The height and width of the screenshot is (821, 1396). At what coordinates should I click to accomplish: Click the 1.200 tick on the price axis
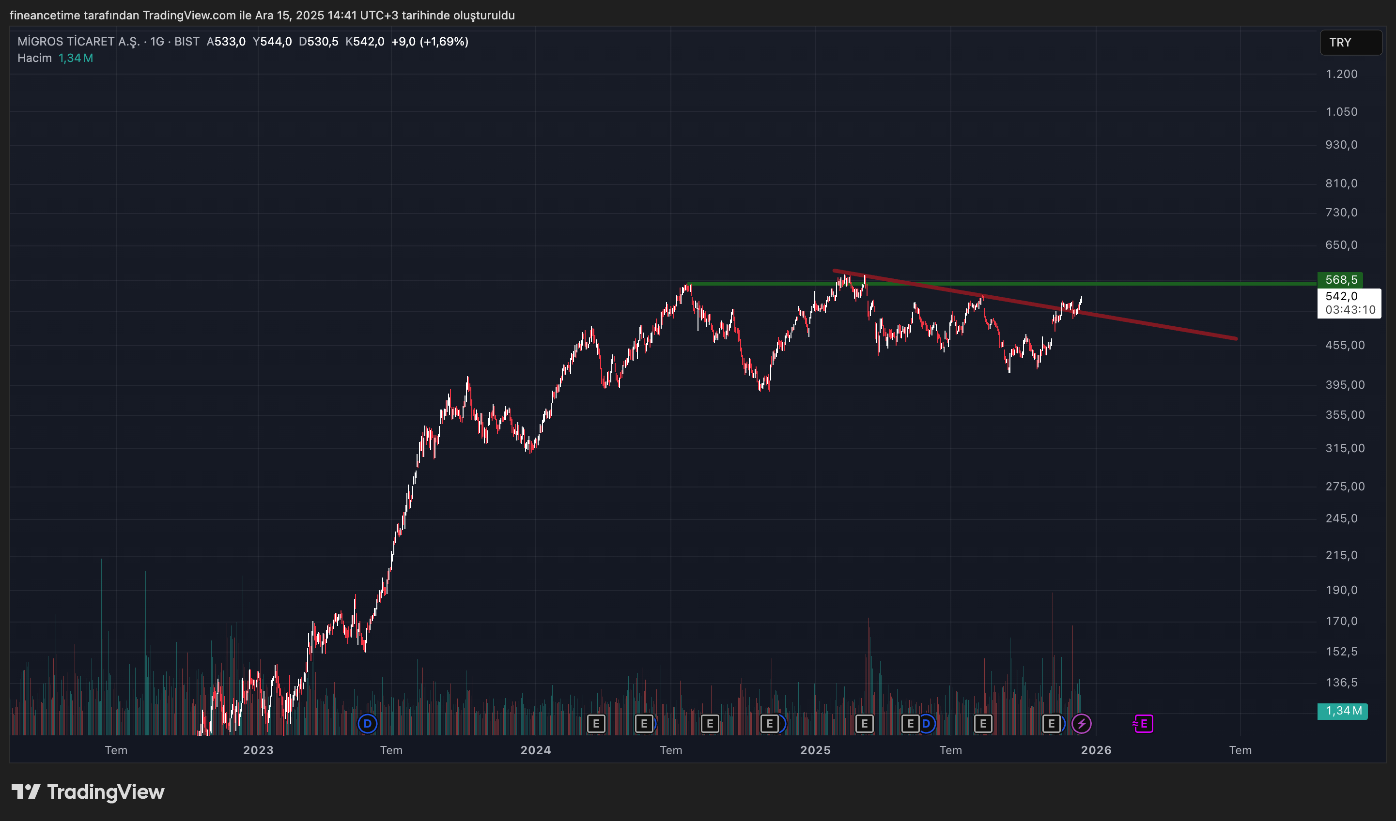(x=1341, y=74)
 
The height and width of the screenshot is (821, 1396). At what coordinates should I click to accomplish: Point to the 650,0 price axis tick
(x=1341, y=244)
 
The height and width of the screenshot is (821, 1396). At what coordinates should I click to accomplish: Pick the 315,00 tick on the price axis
(x=1345, y=448)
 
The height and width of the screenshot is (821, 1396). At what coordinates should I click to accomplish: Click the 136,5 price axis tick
(x=1341, y=682)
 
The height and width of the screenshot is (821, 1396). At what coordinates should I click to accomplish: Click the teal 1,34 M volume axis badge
(x=1342, y=711)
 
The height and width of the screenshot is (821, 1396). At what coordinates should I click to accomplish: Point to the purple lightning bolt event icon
(x=1081, y=723)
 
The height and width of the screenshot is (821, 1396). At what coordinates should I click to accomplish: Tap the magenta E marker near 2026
(x=1143, y=723)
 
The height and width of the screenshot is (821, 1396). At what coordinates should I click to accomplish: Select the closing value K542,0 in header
(x=365, y=42)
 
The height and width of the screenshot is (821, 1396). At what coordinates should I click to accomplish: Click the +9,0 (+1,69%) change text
(x=429, y=42)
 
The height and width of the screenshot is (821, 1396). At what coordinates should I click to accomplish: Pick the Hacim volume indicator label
(x=34, y=58)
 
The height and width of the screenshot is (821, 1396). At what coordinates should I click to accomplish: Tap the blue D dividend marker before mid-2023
(x=367, y=723)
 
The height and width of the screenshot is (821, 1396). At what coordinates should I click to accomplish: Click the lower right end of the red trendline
(x=1235, y=338)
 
